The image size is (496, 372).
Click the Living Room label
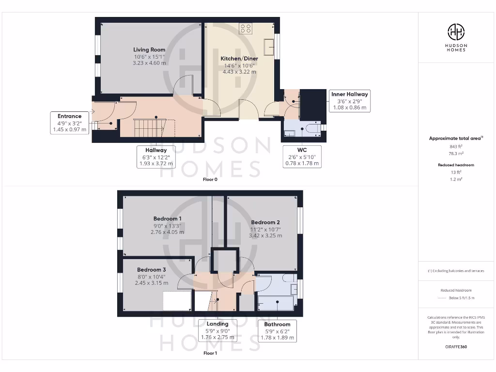click(149, 49)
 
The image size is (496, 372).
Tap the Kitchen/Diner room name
click(239, 59)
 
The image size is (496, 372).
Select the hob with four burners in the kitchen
click(246, 29)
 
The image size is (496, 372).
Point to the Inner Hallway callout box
click(349, 101)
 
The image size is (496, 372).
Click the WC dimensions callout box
click(302, 156)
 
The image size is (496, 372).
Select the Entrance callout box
click(70, 123)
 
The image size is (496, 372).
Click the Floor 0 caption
click(210, 179)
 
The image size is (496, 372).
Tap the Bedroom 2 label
click(265, 222)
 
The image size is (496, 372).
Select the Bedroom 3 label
click(151, 270)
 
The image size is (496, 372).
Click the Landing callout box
click(217, 330)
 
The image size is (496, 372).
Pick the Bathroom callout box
click(278, 331)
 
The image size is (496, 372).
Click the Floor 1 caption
click(210, 353)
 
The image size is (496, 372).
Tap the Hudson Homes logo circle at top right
click(456, 32)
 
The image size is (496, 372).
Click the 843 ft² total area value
click(456, 146)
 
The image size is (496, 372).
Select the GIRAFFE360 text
click(456, 347)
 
